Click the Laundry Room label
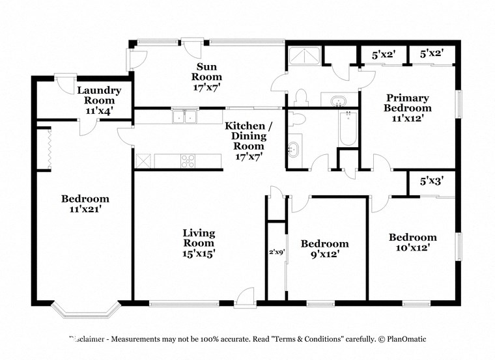96,100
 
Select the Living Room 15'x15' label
199,243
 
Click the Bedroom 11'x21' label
85,204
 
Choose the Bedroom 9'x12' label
324,249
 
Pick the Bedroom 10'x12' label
412,242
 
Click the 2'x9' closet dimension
276,251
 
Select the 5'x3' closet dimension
431,182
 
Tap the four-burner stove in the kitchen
188,160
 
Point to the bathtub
347,129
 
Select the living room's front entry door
246,298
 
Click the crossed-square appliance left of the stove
143,160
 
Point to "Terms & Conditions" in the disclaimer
307,339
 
